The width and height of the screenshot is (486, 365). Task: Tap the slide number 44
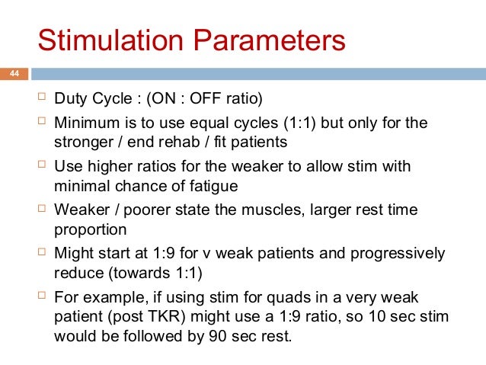(x=13, y=74)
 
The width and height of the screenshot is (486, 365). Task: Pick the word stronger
(x=83, y=141)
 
